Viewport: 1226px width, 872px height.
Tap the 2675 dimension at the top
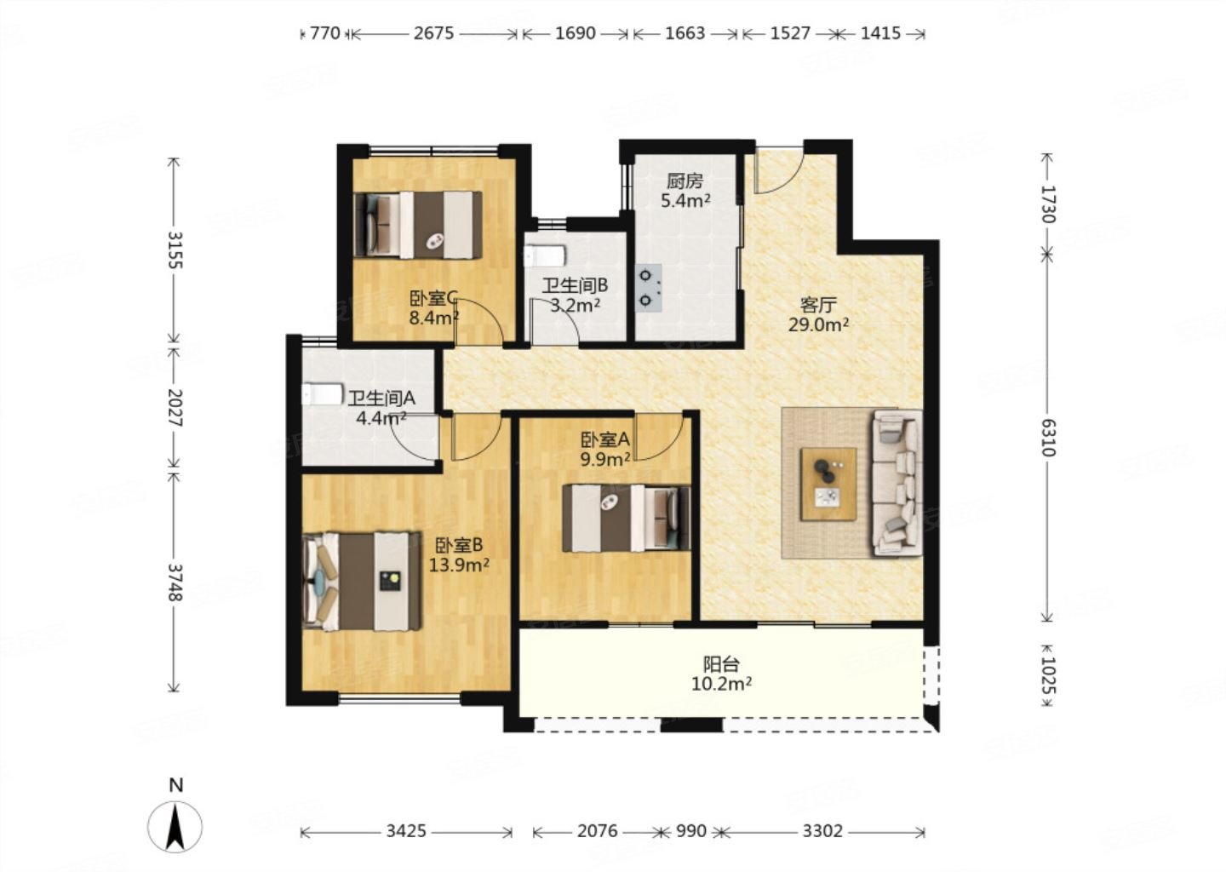[x=433, y=34]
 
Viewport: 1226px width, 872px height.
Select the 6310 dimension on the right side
[x=1047, y=438]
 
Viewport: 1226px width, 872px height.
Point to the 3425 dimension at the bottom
[x=406, y=831]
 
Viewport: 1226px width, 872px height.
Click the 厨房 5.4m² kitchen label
[x=685, y=191]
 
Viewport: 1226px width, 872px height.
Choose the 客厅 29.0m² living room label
[x=818, y=315]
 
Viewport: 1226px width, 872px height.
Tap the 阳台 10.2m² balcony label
[x=721, y=674]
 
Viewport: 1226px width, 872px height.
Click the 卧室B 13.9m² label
[x=459, y=554]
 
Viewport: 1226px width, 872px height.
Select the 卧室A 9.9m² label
[x=605, y=450]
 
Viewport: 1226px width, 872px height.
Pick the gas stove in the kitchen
[x=649, y=289]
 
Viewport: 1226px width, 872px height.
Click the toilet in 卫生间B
[x=543, y=255]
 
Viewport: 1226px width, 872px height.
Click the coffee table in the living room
[x=828, y=484]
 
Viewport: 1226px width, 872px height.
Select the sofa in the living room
[x=897, y=483]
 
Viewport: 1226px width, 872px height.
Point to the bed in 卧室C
[x=418, y=225]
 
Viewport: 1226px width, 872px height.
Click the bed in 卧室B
[x=362, y=581]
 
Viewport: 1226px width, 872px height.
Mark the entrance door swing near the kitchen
[x=778, y=170]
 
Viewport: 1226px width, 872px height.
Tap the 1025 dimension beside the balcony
[x=1047, y=675]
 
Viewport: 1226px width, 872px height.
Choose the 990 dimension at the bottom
[x=691, y=831]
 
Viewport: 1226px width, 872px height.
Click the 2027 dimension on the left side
[x=175, y=407]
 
